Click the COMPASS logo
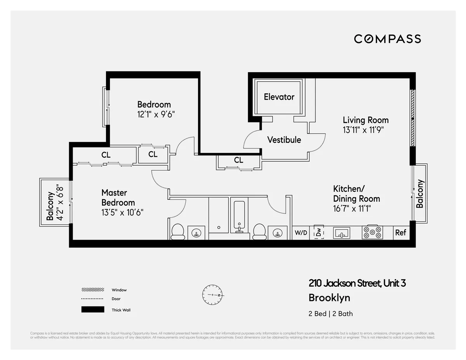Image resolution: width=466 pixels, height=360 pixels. [x=387, y=39]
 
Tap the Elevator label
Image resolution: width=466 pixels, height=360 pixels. [x=279, y=97]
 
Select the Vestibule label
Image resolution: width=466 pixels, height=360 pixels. [x=284, y=140]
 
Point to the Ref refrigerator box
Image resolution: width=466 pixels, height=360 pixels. [x=400, y=232]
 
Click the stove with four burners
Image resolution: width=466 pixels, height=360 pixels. [x=372, y=232]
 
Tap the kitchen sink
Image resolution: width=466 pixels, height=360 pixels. [x=341, y=233]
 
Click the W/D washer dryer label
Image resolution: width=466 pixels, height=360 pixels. [x=301, y=233]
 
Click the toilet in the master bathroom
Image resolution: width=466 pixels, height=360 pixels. [x=178, y=231]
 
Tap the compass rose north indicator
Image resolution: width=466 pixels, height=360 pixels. [x=212, y=295]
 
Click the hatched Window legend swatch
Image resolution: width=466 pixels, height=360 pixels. [x=92, y=290]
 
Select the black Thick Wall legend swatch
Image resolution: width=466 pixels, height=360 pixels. [x=92, y=310]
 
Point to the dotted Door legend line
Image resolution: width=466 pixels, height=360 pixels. [x=92, y=299]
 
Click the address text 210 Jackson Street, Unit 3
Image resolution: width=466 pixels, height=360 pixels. [x=357, y=284]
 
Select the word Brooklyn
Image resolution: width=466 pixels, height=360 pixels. [x=329, y=298]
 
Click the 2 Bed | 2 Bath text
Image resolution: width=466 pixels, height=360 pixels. [x=330, y=314]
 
